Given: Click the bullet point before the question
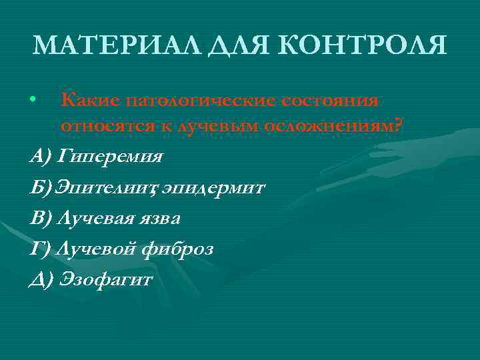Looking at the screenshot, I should click(33, 101).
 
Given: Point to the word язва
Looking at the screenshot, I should click(159, 218).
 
